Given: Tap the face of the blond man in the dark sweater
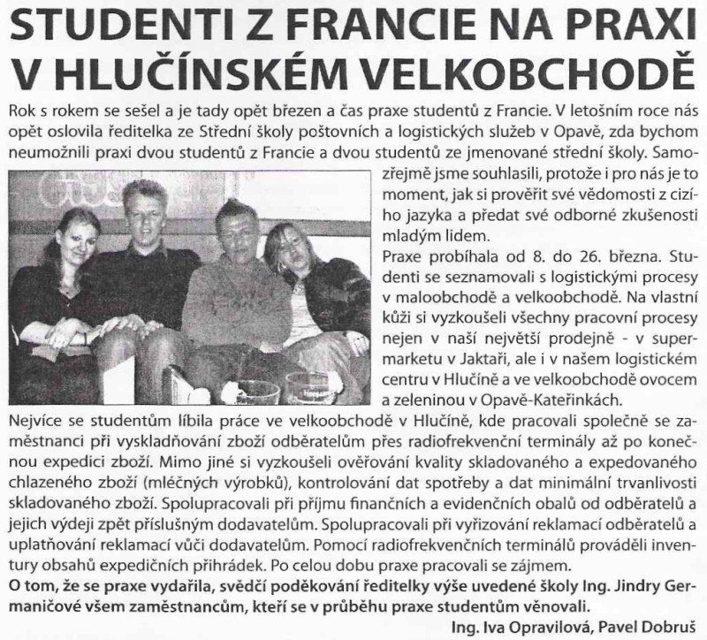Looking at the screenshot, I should click(x=145, y=211).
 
